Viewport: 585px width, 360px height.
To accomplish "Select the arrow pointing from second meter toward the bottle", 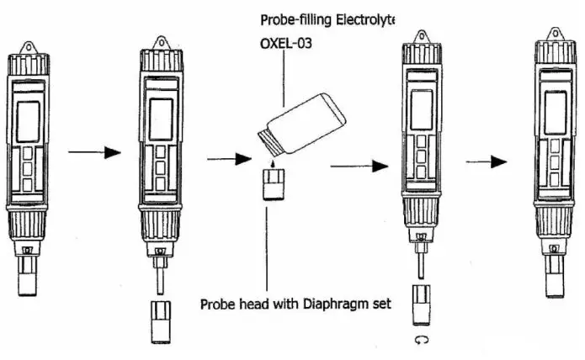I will tap(225, 156).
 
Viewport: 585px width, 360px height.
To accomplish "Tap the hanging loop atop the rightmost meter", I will tap(554, 34).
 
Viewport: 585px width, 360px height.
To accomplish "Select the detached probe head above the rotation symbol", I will tap(421, 306).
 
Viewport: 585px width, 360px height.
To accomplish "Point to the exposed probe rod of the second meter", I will tap(159, 275).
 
